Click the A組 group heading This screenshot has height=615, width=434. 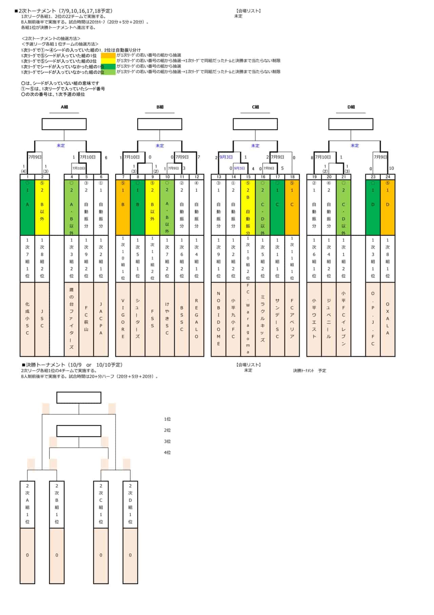(64, 107)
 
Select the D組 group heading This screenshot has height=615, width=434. (351, 107)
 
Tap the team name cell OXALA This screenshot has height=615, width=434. (388, 319)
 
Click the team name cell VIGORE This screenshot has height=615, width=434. (123, 319)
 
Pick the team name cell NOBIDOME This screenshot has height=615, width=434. (218, 319)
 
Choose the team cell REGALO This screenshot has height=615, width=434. (196, 319)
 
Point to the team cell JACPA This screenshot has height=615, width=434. (101, 319)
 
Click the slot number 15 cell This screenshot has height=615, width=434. (248, 177)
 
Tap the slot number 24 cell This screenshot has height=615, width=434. (388, 177)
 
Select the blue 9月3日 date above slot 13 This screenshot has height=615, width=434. (226, 157)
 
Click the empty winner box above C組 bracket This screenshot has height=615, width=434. (255, 124)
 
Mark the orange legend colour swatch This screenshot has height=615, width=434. (108, 55)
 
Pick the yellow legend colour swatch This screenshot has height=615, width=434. (108, 61)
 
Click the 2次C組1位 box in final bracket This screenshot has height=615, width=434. (101, 504)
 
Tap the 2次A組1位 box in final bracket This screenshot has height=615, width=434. (27, 504)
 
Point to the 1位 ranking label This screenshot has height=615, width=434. (167, 419)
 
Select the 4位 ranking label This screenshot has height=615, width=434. (167, 452)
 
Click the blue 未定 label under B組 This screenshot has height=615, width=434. (160, 146)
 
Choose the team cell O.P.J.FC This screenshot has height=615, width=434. (373, 319)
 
